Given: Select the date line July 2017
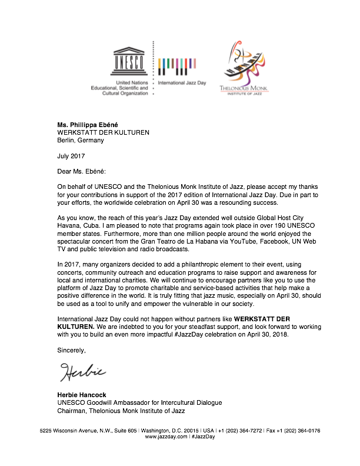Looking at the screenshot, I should pyautogui.click(x=71, y=157).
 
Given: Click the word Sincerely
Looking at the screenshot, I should pyautogui.click(x=71, y=351).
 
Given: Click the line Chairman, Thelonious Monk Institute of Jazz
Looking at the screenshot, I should pyautogui.click(x=121, y=410).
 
